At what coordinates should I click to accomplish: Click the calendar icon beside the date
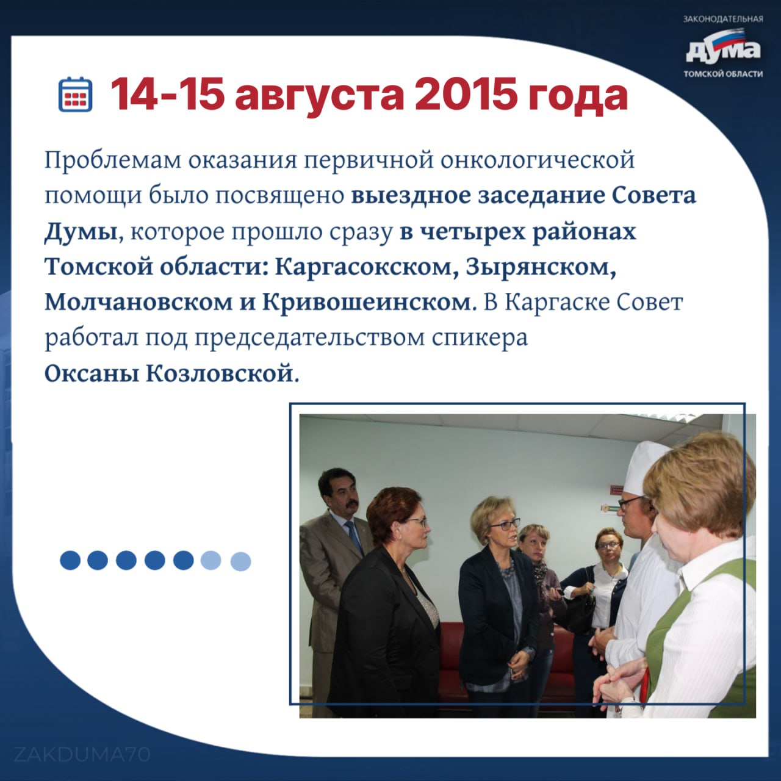76,94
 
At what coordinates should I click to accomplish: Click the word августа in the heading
319,97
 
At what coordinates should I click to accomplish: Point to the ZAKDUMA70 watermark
82,755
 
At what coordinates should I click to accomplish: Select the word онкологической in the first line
538,160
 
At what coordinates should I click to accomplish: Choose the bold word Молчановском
139,303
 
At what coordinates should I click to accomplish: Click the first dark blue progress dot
70,561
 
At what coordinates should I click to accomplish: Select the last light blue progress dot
241,561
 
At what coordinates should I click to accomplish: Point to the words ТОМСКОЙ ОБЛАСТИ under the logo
724,74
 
